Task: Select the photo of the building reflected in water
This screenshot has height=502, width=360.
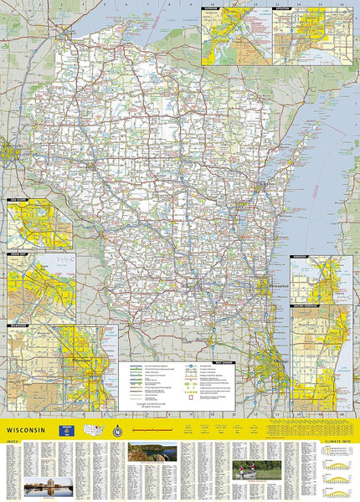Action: pyautogui.click(x=49, y=485)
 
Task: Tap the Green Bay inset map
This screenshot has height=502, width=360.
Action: pyautogui.click(x=39, y=289)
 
